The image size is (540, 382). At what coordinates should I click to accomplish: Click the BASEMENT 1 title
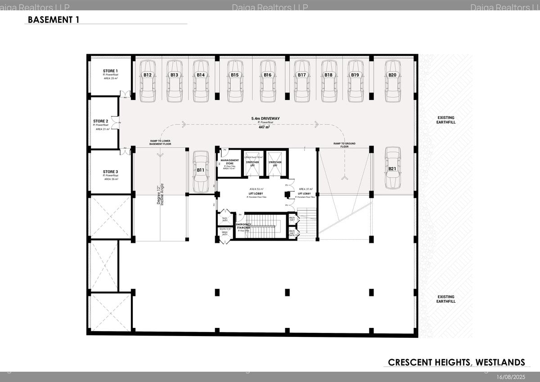pos(54,20)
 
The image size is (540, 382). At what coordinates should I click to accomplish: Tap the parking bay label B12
pos(148,75)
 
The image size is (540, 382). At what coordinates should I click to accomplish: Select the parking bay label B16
pos(268,75)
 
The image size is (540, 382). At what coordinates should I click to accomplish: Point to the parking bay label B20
pos(392,75)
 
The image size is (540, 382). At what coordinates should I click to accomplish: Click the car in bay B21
pos(393,168)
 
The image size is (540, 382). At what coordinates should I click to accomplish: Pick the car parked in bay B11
pos(201,171)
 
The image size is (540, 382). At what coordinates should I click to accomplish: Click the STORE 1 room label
pos(110,71)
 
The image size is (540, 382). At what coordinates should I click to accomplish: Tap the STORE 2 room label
pos(101,121)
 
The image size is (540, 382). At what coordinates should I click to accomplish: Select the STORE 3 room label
pos(110,172)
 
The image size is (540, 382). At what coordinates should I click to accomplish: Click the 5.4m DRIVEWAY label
pos(265,118)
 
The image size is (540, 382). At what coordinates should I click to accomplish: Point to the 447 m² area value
pos(264,127)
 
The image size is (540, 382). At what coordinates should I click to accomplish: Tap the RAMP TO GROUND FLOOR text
pos(344,145)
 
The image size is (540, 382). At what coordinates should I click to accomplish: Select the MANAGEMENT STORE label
pos(229,162)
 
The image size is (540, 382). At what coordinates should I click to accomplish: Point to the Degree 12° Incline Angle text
pos(161,195)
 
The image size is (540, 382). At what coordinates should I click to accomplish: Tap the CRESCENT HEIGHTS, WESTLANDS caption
pos(456,362)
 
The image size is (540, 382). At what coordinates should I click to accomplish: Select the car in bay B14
pos(201,82)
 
